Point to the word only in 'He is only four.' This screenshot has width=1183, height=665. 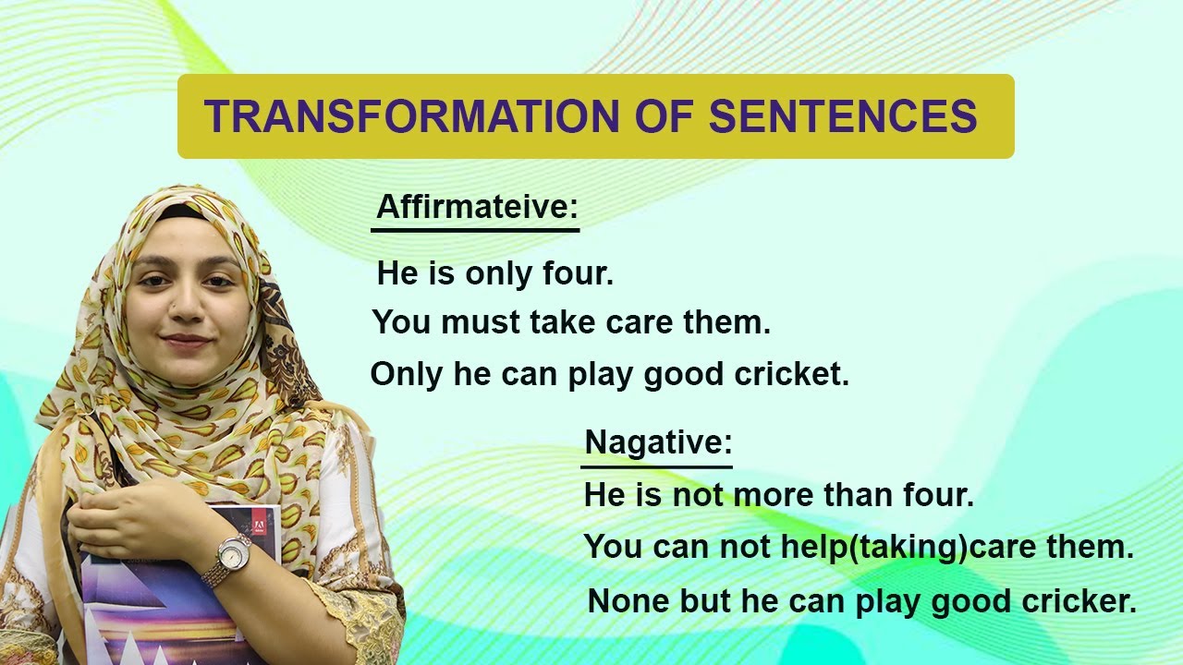click(499, 273)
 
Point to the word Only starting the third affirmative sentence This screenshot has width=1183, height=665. click(405, 374)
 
